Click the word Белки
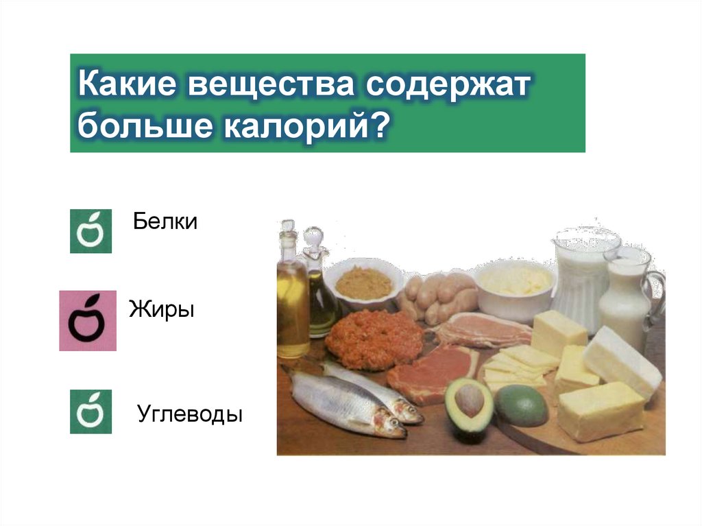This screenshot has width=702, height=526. coord(165,222)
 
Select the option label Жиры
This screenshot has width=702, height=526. coord(162,309)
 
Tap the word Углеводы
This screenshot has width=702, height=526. coord(190,414)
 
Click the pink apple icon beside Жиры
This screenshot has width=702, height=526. coord(88,321)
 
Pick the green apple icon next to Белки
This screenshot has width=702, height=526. coord(90,231)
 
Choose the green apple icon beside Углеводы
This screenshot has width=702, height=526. coord(90,411)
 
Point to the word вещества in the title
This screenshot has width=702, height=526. coord(268,87)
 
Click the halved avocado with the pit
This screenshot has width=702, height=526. coord(469,405)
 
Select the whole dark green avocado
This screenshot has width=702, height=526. coord(522,405)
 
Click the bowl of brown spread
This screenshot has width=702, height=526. coord(363,282)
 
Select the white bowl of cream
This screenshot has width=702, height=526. coord(515,285)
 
